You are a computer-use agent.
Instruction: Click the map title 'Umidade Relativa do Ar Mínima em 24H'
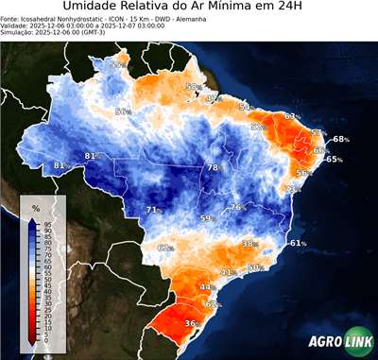pos(189,9)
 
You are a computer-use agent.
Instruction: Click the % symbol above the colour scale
pos(35,207)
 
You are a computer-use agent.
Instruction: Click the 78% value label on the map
pos(215,167)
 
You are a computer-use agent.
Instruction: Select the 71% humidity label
pos(152,210)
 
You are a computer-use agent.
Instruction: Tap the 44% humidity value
pos(207,286)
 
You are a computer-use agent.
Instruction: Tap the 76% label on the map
pos(236,207)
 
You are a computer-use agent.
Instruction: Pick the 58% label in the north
pos(192,87)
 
